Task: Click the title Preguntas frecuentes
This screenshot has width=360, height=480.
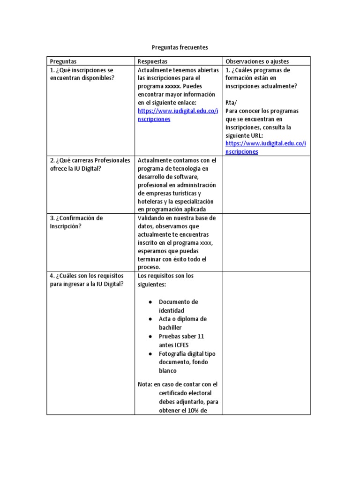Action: tap(180, 47)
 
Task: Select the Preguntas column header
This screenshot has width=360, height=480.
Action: tap(63, 61)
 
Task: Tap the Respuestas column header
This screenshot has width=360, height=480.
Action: tap(152, 61)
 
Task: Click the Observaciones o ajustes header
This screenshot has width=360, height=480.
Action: tap(257, 61)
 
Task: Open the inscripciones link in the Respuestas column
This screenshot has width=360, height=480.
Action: tap(178, 115)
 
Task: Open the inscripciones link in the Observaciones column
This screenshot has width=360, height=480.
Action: tap(265, 148)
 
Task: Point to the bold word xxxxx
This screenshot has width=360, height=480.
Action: tap(172, 86)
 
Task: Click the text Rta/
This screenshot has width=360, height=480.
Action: tap(232, 103)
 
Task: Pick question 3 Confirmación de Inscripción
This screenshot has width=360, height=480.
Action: tap(76, 222)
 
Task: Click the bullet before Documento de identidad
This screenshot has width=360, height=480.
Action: tap(150, 302)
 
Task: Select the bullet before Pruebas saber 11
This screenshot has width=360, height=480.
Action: tap(150, 337)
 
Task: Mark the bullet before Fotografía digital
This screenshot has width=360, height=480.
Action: tap(150, 354)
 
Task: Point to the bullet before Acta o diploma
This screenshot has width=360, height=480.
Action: tap(150, 319)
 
